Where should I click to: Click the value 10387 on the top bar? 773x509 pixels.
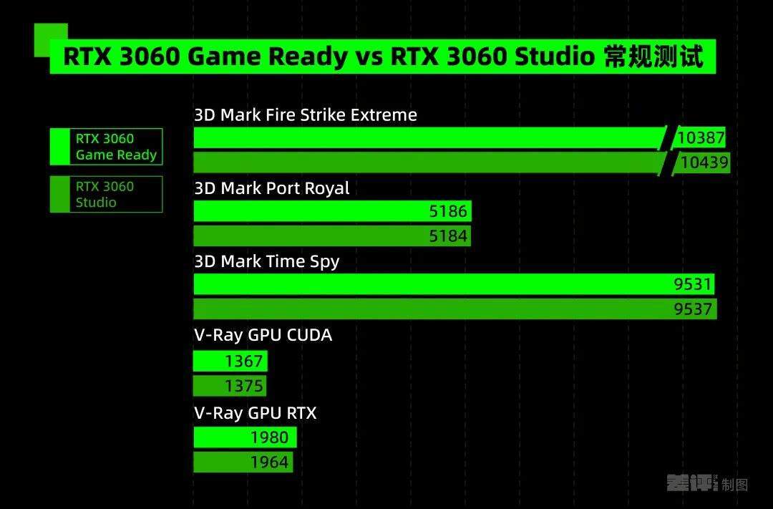[701, 137]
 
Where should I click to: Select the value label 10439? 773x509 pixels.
[704, 163]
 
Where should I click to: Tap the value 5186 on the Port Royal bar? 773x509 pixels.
[447, 211]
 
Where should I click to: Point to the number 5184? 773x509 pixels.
[447, 236]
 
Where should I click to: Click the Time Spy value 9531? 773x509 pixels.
[693, 284]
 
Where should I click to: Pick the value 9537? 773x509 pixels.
[693, 309]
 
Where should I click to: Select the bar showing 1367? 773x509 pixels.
[230, 361]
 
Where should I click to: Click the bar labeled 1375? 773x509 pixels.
[230, 386]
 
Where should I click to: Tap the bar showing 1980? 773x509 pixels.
[245, 437]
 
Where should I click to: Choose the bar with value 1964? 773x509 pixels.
[243, 462]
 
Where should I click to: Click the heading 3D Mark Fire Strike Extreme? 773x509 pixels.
[306, 115]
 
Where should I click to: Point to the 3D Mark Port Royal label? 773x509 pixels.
[272, 188]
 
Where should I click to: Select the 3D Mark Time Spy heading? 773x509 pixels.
[267, 261]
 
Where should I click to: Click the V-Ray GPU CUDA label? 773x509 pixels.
[263, 335]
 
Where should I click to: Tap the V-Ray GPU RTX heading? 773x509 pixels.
[256, 413]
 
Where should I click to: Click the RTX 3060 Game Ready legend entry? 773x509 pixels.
[107, 147]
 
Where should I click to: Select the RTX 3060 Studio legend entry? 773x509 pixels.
[107, 194]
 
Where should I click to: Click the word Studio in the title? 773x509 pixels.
[555, 57]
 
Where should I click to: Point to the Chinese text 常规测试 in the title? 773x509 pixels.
[653, 57]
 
